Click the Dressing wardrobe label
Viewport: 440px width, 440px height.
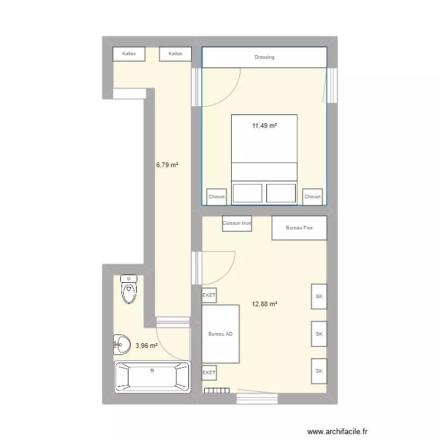(264, 57)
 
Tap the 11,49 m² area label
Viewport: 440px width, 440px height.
(264, 126)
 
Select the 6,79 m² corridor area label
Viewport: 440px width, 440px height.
(167, 165)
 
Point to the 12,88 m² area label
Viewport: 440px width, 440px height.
(265, 304)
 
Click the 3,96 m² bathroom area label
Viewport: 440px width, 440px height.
(146, 346)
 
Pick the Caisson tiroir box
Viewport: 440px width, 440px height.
(237, 224)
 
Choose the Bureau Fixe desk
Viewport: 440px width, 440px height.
(299, 228)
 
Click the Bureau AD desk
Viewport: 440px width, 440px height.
(221, 334)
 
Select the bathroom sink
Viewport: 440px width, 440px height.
(122, 344)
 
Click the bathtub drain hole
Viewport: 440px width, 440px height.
(152, 371)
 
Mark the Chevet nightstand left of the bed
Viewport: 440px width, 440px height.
(216, 197)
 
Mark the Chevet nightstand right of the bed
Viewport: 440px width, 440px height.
(312, 197)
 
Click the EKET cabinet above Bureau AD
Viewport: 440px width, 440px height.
(209, 296)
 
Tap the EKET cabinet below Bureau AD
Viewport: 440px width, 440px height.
(209, 373)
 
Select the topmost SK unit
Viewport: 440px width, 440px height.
(319, 296)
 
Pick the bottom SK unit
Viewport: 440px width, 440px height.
(319, 371)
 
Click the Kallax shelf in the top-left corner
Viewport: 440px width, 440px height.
(128, 54)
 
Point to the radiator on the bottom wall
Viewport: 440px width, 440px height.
(216, 390)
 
